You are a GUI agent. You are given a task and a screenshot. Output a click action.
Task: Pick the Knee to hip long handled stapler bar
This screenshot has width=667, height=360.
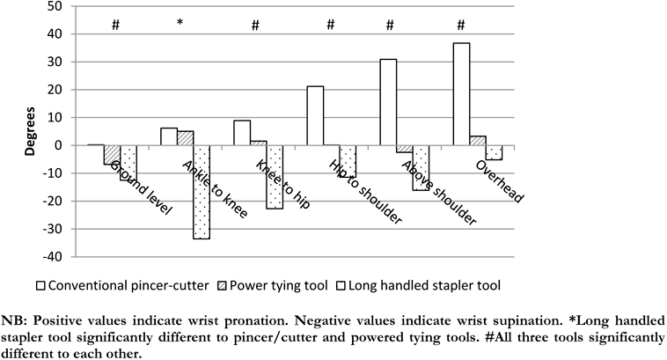point(275,177)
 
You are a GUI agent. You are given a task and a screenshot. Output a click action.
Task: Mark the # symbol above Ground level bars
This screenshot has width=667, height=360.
point(114,24)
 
